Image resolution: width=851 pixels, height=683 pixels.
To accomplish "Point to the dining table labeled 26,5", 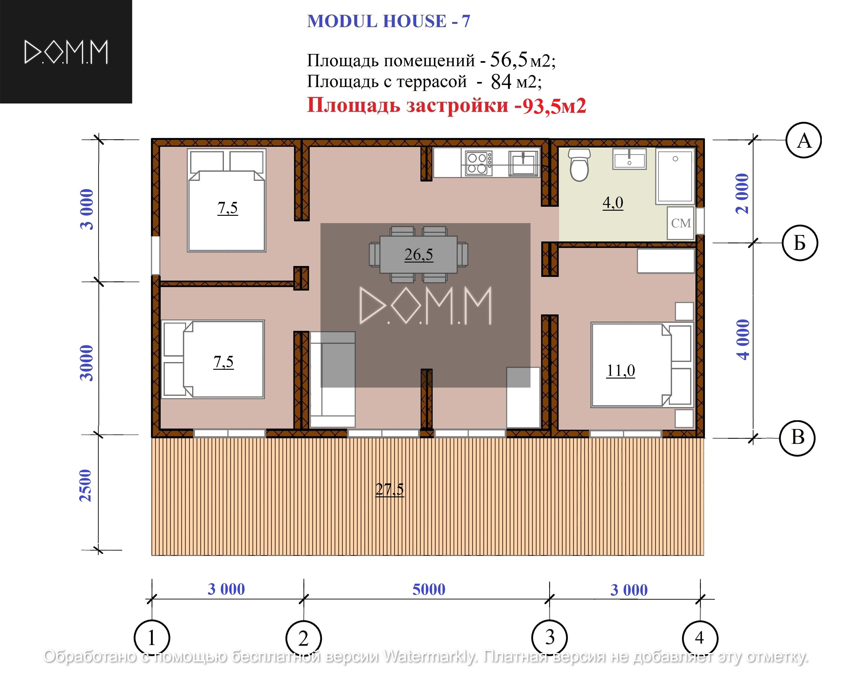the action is coord(418,255).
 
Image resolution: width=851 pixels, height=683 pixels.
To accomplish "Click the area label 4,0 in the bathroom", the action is coord(613,203).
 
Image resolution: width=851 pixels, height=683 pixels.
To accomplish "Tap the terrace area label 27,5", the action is coord(390,489).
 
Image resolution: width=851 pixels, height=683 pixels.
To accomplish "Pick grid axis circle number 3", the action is coord(549,638).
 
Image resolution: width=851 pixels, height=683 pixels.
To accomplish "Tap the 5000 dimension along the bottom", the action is coord(429,589).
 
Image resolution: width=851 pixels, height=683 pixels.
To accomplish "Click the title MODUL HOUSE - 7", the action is coord(389,21).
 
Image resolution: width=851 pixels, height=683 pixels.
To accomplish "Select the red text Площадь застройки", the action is coord(408,105).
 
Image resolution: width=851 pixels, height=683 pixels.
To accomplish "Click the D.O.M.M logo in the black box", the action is coord(66,52).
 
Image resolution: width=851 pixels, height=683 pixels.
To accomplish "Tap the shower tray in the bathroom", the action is coord(675,176).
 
